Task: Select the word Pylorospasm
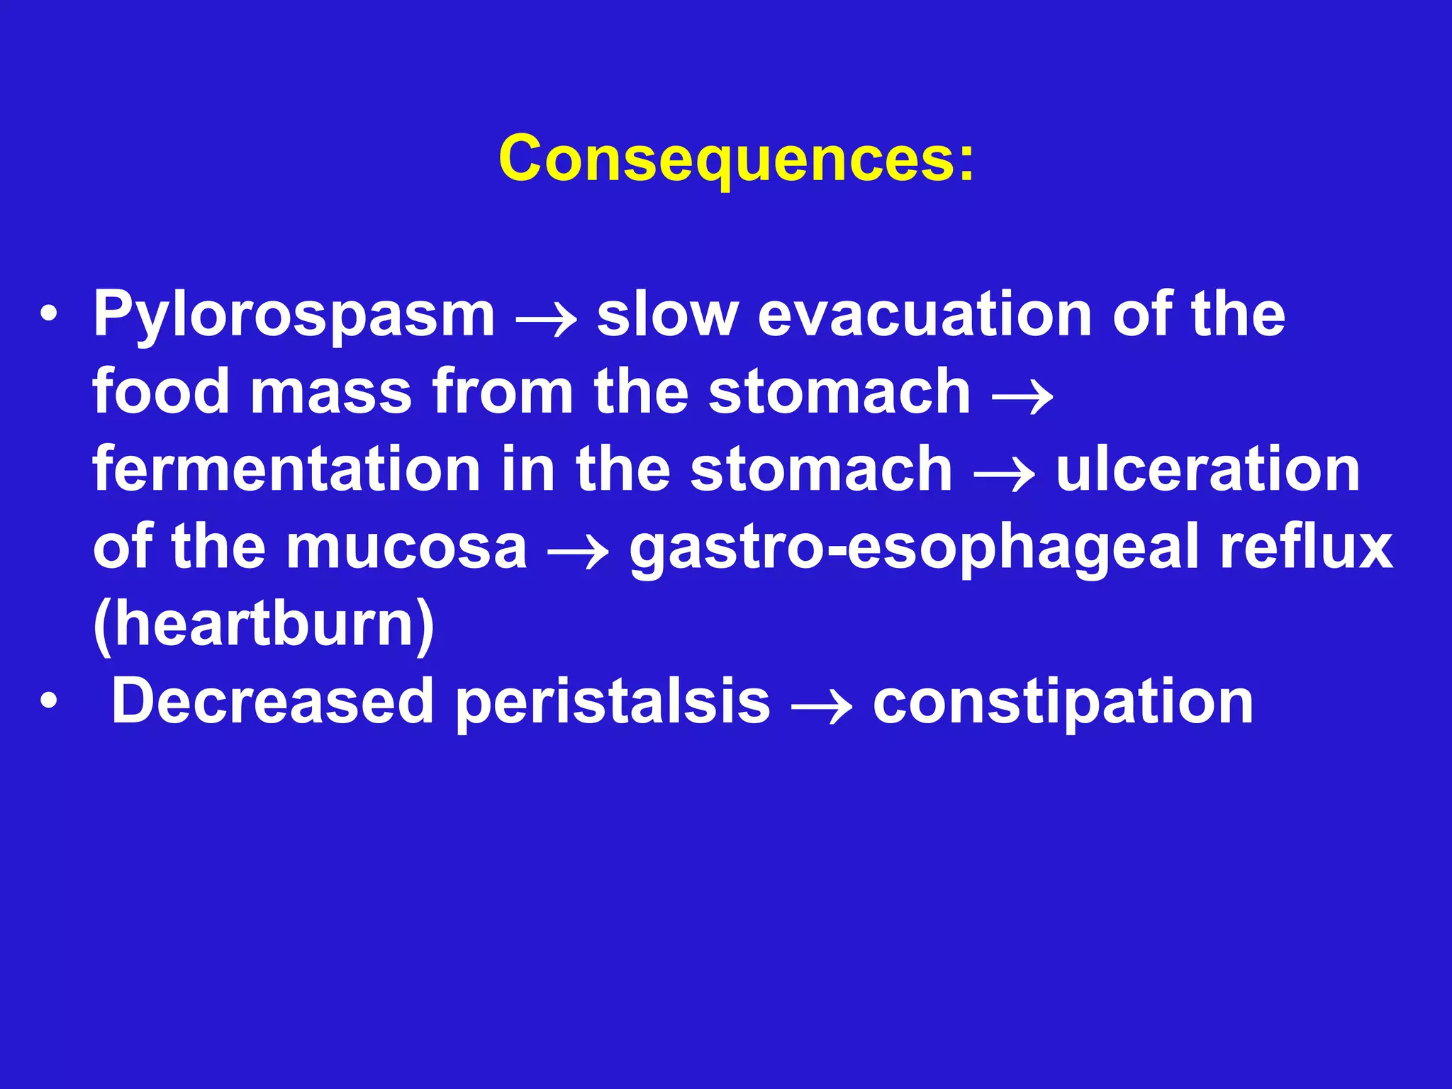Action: (x=294, y=315)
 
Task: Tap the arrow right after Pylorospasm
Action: (x=546, y=320)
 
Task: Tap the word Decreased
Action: (x=273, y=701)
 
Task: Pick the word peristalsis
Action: (x=613, y=703)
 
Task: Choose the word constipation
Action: (x=1063, y=703)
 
